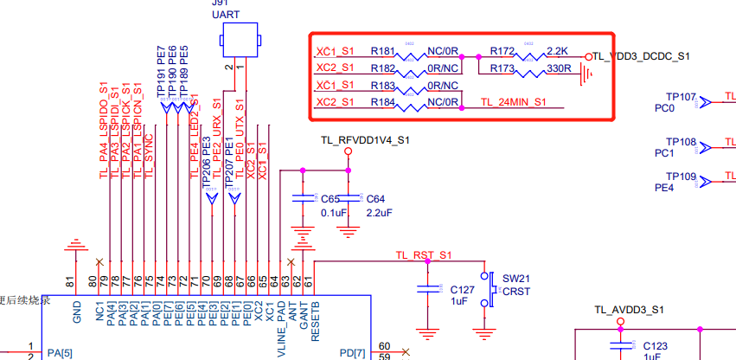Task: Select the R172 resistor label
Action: [502, 51]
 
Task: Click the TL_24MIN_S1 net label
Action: [513, 102]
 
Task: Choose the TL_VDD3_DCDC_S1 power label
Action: [642, 56]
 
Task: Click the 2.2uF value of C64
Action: [380, 212]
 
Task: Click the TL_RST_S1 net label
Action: [424, 255]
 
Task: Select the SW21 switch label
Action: [515, 279]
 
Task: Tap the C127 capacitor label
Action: [463, 289]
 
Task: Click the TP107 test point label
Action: [681, 97]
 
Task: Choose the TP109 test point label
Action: [681, 177]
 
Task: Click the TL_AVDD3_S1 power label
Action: [629, 310]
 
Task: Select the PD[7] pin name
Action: [353, 353]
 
